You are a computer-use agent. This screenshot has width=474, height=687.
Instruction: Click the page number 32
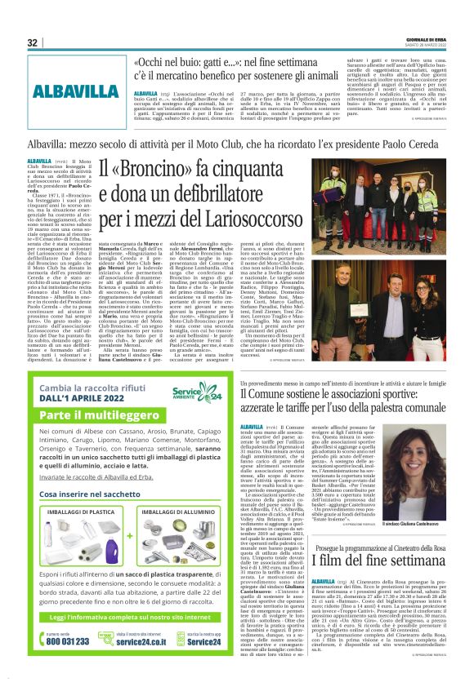[x=33, y=42]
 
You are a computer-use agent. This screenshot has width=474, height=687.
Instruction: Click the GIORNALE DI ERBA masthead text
[x=428, y=38]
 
